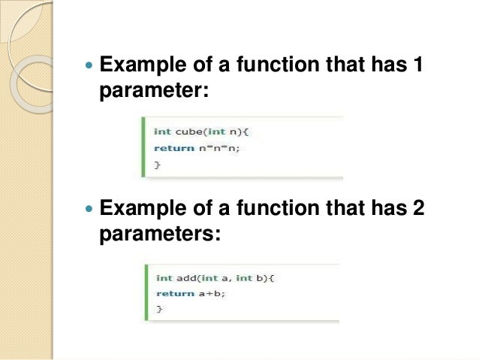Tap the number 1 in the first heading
pos(418,66)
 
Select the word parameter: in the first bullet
pos(152,92)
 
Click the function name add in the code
pos(186,278)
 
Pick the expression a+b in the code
pos(212,293)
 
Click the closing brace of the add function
pos(158,308)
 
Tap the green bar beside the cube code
pos(144,147)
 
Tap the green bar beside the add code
pos(146,292)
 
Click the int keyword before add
pos(164,278)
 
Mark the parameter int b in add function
pos(252,278)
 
